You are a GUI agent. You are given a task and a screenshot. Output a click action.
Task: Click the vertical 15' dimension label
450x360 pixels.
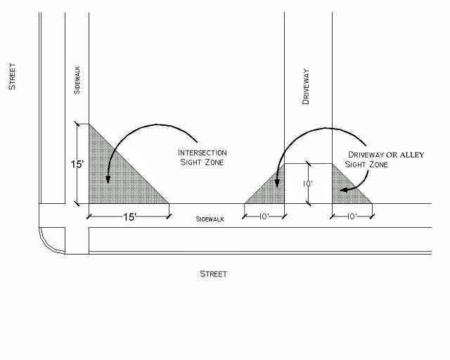pyautogui.click(x=77, y=165)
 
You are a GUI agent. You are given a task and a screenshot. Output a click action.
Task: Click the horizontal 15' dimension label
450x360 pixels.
pyautogui.click(x=128, y=217)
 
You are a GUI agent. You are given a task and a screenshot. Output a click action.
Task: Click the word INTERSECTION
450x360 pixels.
pyautogui.click(x=202, y=153)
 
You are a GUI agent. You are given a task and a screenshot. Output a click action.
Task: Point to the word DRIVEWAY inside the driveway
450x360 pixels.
pyautogui.click(x=306, y=88)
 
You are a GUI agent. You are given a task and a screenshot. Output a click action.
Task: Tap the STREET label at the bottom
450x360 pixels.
pyautogui.click(x=213, y=274)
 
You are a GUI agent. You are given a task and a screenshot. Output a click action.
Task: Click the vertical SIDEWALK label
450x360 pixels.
pyautogui.click(x=77, y=80)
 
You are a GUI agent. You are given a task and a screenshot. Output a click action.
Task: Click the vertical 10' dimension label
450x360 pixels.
pyautogui.click(x=308, y=184)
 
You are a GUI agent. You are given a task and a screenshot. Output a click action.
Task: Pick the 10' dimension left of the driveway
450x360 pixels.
pyautogui.click(x=264, y=217)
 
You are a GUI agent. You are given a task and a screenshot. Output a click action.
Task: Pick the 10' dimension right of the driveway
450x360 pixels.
pyautogui.click(x=352, y=217)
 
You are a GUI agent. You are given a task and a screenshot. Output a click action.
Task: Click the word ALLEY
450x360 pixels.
pyautogui.click(x=409, y=155)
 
